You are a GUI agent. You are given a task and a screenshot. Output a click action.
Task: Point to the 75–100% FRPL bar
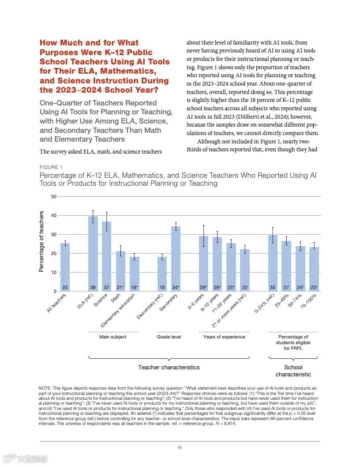coord(314,269)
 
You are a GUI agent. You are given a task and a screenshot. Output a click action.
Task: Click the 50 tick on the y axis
coord(53,196)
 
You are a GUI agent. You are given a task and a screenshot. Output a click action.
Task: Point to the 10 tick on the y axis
coord(53,272)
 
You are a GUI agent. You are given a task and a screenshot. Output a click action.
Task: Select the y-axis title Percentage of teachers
coord(42,241)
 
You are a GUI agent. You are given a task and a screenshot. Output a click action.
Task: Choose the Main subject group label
coord(113,337)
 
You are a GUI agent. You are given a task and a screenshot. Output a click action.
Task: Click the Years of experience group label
coord(224,337)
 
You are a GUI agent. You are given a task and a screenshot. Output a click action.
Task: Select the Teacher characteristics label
coord(169,367)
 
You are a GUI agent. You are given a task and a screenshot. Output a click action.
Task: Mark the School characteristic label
coord(293,371)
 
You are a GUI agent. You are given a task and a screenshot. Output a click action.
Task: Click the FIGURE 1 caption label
coord(51,167)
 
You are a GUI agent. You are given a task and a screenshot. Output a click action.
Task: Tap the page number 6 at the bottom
coord(180,447)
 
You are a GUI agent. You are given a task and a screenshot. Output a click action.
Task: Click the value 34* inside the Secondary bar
coord(176,287)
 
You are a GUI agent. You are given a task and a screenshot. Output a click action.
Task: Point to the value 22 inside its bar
coord(245,287)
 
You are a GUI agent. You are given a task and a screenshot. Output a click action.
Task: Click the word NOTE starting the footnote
coord(45,387)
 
